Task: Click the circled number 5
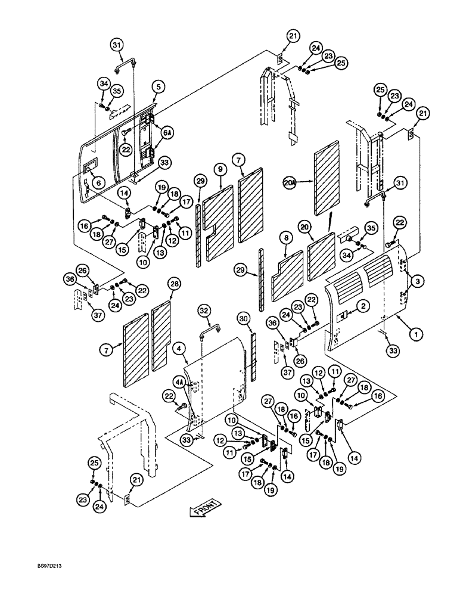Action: pyautogui.click(x=158, y=87)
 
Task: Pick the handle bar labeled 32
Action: pyautogui.click(x=209, y=329)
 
